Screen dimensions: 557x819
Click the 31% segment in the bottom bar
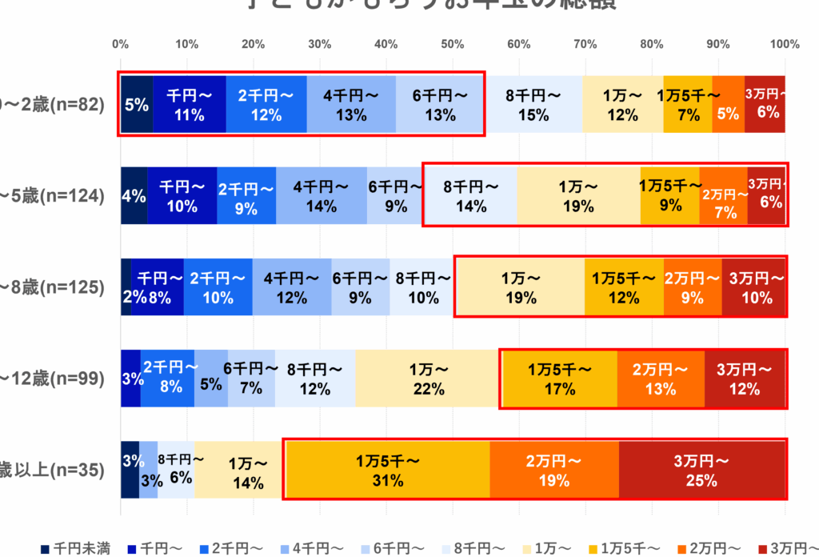point(386,470)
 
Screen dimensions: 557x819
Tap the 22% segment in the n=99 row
point(428,379)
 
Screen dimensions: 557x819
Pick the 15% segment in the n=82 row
point(533,105)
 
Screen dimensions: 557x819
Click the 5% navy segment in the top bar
point(136,105)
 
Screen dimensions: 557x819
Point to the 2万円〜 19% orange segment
point(553,470)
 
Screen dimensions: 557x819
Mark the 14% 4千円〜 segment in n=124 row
point(321,196)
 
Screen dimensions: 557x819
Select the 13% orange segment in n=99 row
point(661,379)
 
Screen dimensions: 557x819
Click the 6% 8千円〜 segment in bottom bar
point(177,470)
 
